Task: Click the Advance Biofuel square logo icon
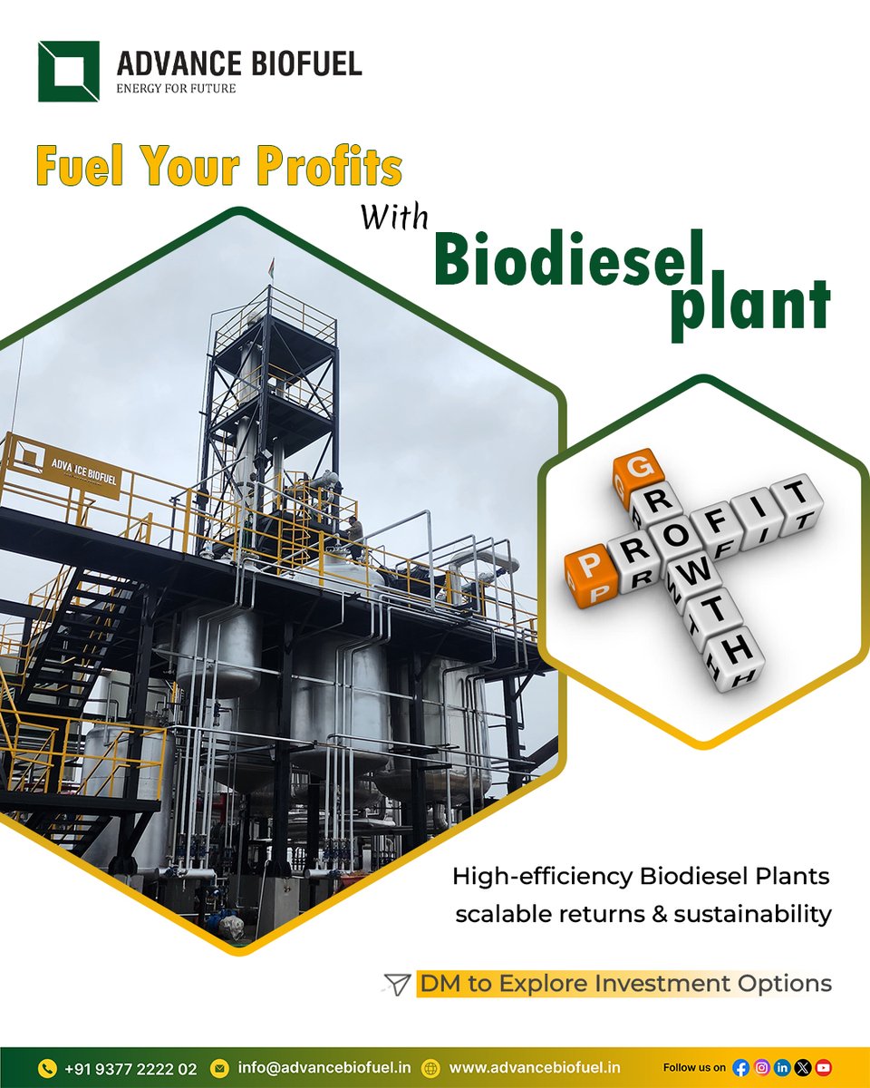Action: pos(69,71)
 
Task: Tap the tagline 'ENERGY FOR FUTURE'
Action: pos(177,88)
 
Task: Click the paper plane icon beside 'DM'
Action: pos(396,983)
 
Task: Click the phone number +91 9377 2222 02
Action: pos(130,1069)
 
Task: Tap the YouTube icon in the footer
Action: pos(823,1068)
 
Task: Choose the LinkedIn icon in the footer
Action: pos(781,1068)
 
